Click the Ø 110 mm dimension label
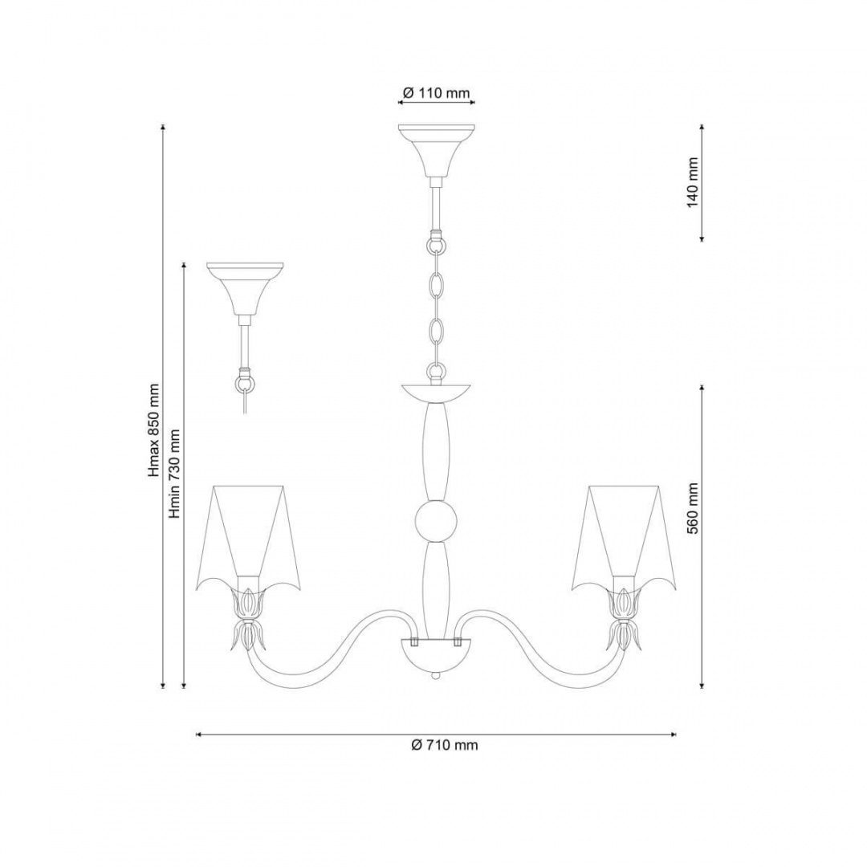click(x=436, y=93)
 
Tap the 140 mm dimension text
click(x=693, y=183)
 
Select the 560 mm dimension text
click(x=693, y=507)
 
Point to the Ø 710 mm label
click(x=445, y=745)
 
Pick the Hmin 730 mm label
click(x=175, y=474)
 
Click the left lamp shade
click(x=248, y=536)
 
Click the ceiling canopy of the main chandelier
click(x=436, y=149)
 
